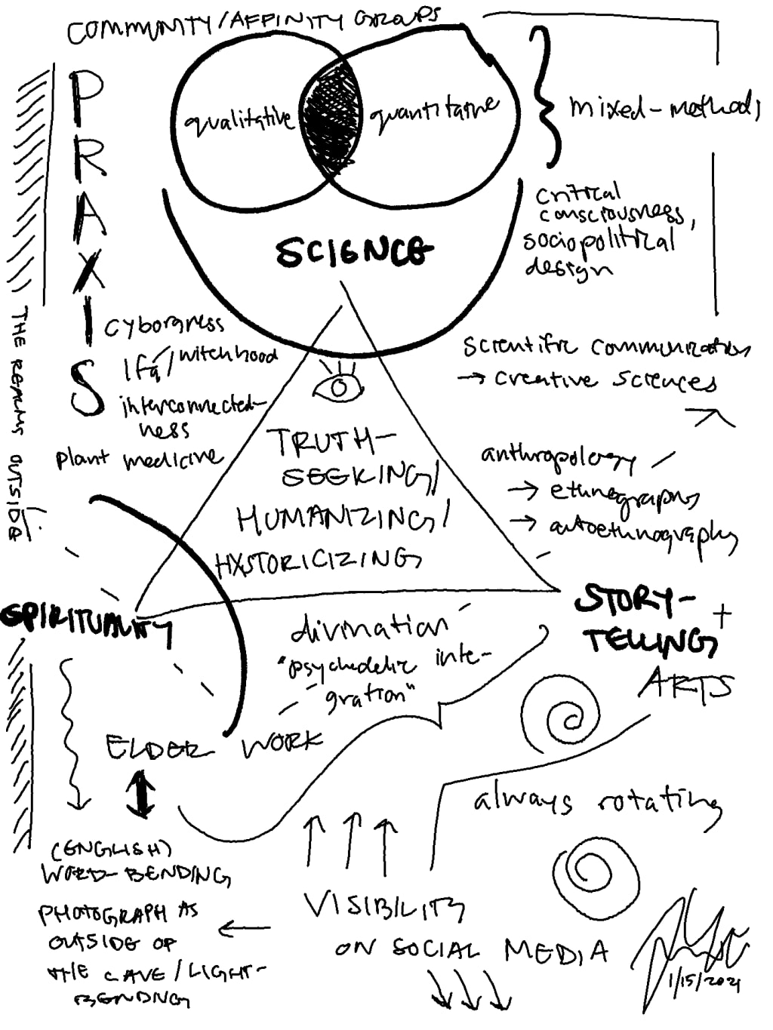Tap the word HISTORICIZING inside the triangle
click(317, 561)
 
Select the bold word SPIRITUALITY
click(87, 620)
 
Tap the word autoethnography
click(642, 532)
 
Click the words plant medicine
click(140, 458)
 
